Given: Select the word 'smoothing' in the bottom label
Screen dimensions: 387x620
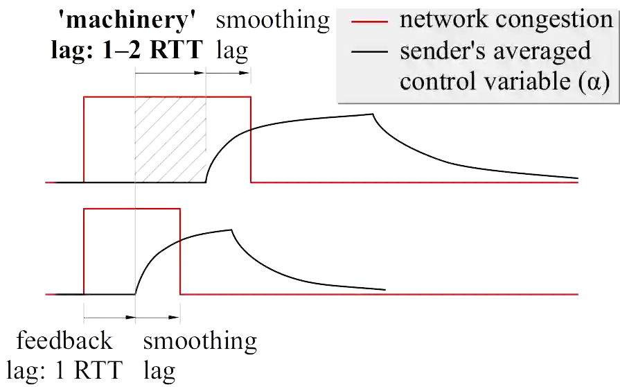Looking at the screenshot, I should pyautogui.click(x=201, y=341).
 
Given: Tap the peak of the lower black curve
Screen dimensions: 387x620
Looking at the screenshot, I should pyautogui.click(x=228, y=230).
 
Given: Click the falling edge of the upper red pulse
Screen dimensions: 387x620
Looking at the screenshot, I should pyautogui.click(x=251, y=139).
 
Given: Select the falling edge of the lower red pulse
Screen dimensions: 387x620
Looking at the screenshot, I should pyautogui.click(x=180, y=250).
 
